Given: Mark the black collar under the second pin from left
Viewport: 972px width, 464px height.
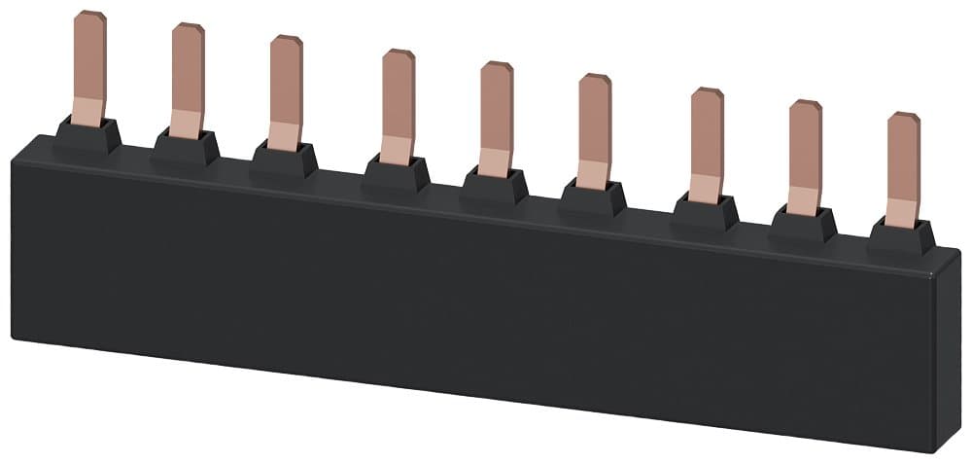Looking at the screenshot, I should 186,150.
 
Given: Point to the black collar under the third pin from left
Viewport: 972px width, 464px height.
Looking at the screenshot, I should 284,161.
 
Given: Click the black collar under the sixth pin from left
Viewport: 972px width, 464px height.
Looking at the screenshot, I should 593,199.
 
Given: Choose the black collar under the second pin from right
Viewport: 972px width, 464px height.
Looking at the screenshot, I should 804,227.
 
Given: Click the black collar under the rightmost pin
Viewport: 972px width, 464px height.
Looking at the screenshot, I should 901,239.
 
